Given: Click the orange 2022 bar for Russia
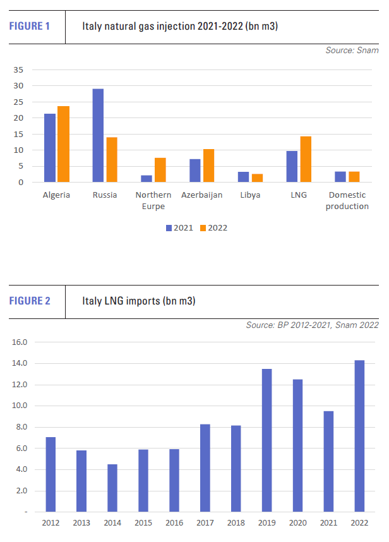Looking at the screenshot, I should [112, 160].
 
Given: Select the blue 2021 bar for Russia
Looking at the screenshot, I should [98, 136].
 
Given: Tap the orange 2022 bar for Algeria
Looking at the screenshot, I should [63, 145].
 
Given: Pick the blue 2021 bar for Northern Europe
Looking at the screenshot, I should [147, 179].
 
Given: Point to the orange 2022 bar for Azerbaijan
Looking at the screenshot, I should [209, 166].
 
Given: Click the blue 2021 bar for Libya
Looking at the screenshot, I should [244, 177].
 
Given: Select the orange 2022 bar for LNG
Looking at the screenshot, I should [306, 159].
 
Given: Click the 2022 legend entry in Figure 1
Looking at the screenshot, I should [213, 227].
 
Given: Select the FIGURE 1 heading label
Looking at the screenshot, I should [29, 27].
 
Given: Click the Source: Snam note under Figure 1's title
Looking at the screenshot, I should [352, 51].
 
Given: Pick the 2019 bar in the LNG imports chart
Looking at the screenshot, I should [266, 440].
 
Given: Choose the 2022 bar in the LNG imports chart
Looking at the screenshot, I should [359, 435].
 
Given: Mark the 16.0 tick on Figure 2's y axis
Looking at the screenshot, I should [19, 342].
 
